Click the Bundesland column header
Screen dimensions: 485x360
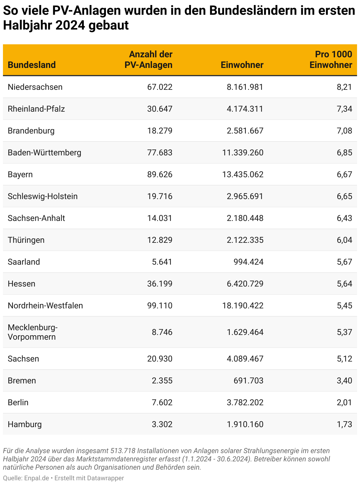[32, 65]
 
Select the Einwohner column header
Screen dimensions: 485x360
[242, 65]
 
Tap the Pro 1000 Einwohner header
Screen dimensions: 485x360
[331, 59]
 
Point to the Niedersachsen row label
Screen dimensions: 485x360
[35, 87]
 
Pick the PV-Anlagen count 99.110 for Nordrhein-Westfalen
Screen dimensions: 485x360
[160, 305]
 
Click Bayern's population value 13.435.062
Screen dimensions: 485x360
[243, 174]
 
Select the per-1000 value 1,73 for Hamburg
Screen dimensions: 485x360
[344, 424]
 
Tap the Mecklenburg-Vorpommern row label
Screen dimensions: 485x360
[32, 332]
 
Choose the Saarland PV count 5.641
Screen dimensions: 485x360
[162, 262]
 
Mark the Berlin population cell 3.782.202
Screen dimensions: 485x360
[245, 402]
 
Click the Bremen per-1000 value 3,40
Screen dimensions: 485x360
[344, 380]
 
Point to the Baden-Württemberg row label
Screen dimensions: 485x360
[44, 152]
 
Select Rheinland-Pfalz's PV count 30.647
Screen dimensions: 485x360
[160, 109]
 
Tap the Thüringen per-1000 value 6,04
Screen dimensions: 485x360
[344, 240]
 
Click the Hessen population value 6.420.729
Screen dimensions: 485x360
[245, 284]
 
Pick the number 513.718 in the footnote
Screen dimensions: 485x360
[123, 451]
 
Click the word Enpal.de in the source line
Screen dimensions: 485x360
[37, 478]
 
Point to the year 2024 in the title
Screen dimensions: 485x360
[70, 25]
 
